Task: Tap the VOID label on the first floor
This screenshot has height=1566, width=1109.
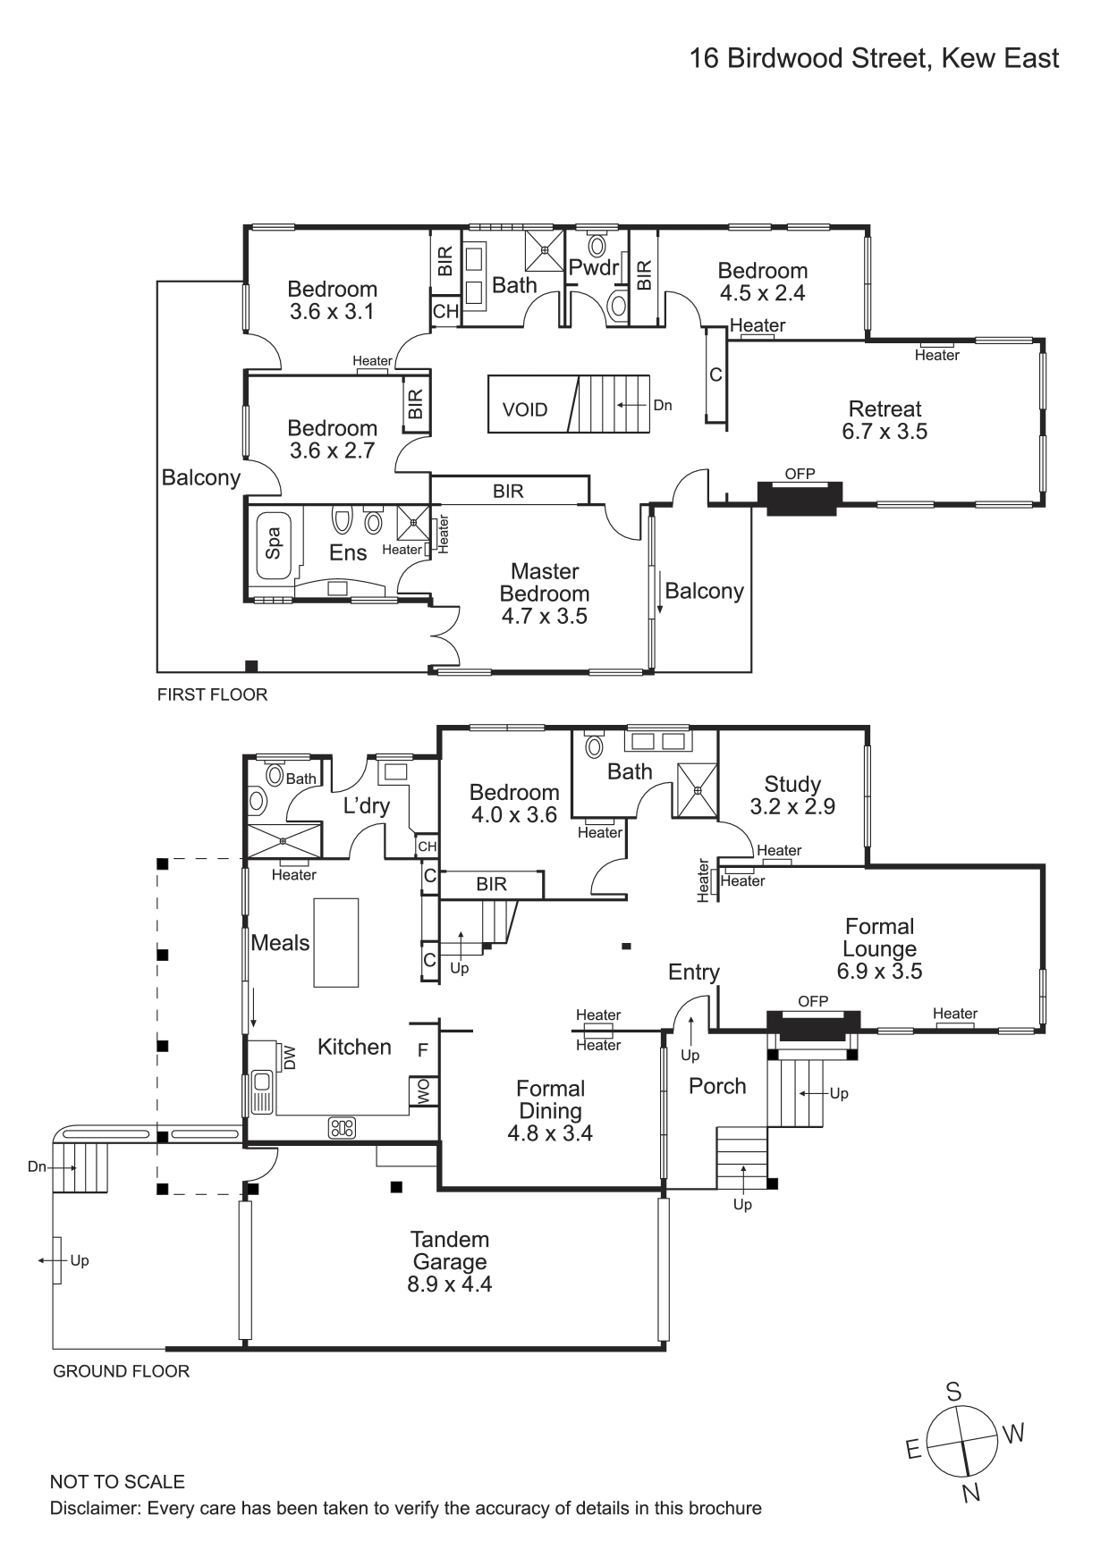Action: [525, 410]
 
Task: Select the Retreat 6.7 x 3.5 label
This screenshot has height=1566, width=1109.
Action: [885, 420]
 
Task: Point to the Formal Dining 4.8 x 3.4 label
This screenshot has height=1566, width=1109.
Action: [550, 1111]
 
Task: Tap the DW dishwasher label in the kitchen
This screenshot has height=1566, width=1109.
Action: [288, 1057]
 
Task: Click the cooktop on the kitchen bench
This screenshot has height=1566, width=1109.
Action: [343, 1128]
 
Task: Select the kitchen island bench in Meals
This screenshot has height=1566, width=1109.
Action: [335, 942]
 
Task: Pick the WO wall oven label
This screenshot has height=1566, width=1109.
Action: [424, 1090]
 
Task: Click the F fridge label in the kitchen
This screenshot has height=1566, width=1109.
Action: [423, 1051]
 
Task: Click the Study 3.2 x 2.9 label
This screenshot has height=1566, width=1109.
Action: [792, 796]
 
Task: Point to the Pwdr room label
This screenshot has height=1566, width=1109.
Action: [594, 267]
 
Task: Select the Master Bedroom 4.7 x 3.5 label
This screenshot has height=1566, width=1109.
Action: [544, 594]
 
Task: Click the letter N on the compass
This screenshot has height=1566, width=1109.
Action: [971, 1492]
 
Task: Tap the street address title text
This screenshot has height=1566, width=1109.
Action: [874, 59]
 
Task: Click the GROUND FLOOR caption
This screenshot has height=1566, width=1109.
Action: [122, 1371]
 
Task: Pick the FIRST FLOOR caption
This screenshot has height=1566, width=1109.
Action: [212, 695]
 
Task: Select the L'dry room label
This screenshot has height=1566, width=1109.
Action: [367, 806]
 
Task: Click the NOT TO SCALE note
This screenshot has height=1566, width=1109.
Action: [117, 1482]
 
